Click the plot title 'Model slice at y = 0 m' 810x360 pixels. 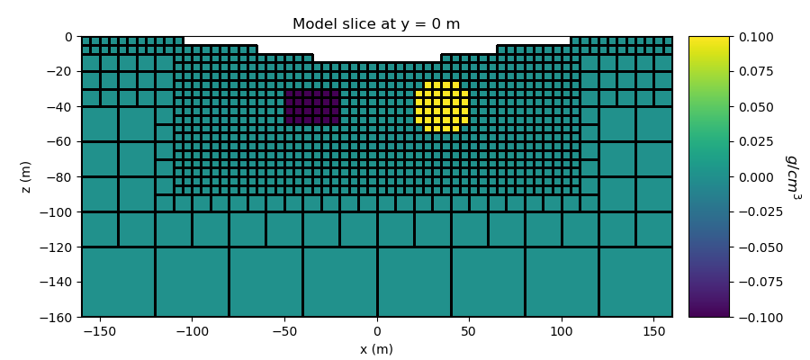coord(376,24)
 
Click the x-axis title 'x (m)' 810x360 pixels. coord(376,349)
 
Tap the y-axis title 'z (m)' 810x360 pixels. coord(26,176)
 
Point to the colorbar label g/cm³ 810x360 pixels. coord(793,176)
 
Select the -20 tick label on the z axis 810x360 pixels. coord(62,72)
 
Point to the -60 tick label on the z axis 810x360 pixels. coord(62,142)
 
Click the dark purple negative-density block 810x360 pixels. coord(312,107)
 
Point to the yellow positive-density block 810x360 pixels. coord(442,107)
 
